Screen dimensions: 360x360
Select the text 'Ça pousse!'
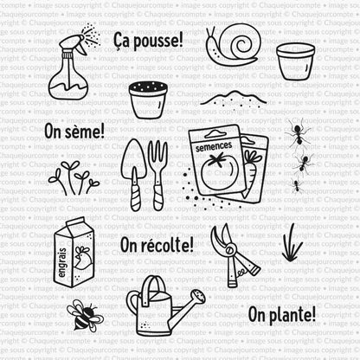(x=148, y=39)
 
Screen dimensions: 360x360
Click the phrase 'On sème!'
(x=73, y=132)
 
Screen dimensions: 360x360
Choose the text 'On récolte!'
(x=157, y=245)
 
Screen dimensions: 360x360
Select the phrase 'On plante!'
(x=281, y=312)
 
